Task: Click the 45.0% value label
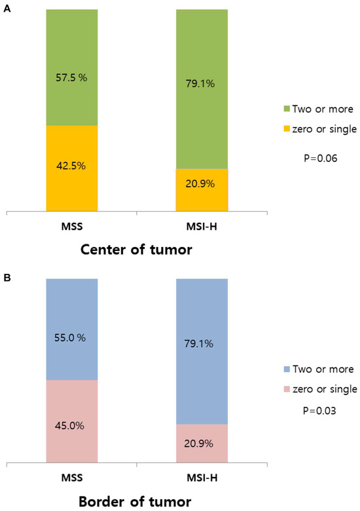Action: [x=72, y=425]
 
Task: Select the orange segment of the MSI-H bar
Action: [x=202, y=190]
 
